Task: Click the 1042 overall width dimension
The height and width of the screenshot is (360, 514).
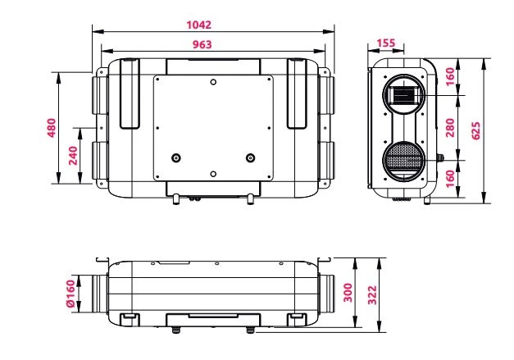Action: pyautogui.click(x=211, y=24)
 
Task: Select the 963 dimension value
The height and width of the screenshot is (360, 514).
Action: pyautogui.click(x=212, y=44)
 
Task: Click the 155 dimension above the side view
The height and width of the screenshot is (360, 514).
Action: pyautogui.click(x=384, y=43)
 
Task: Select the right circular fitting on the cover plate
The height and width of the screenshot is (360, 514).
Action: pyautogui.click(x=250, y=157)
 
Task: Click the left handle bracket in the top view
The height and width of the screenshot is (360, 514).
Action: pyautogui.click(x=130, y=93)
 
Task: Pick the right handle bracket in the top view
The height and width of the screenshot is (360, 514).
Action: pyautogui.click(x=297, y=93)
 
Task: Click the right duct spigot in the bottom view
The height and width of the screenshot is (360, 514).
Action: pyautogui.click(x=325, y=294)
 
